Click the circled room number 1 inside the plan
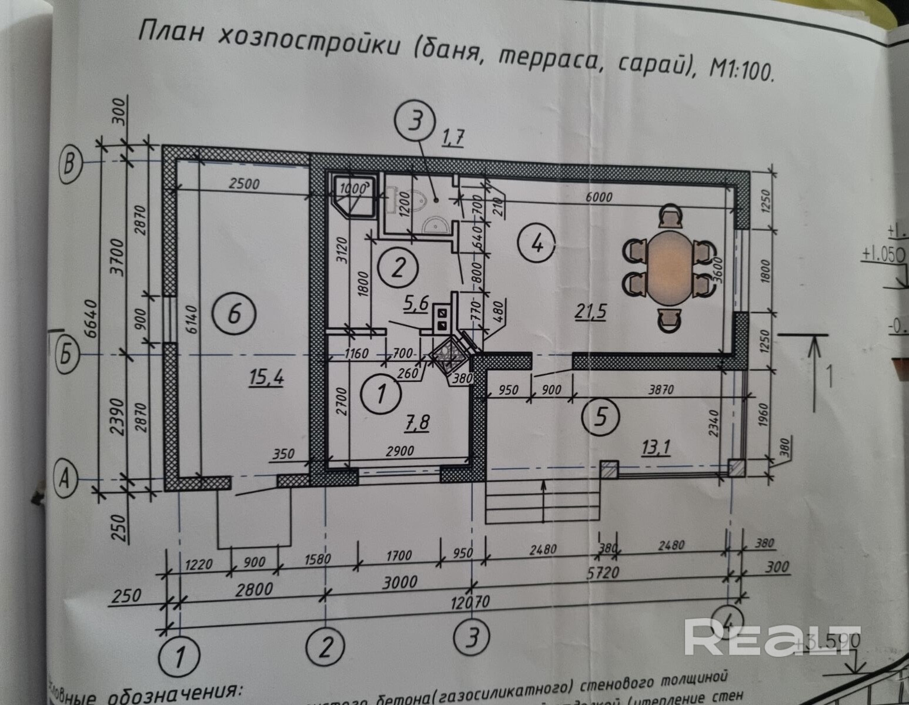(380, 392)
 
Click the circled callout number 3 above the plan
(415, 123)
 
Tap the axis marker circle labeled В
(71, 163)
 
